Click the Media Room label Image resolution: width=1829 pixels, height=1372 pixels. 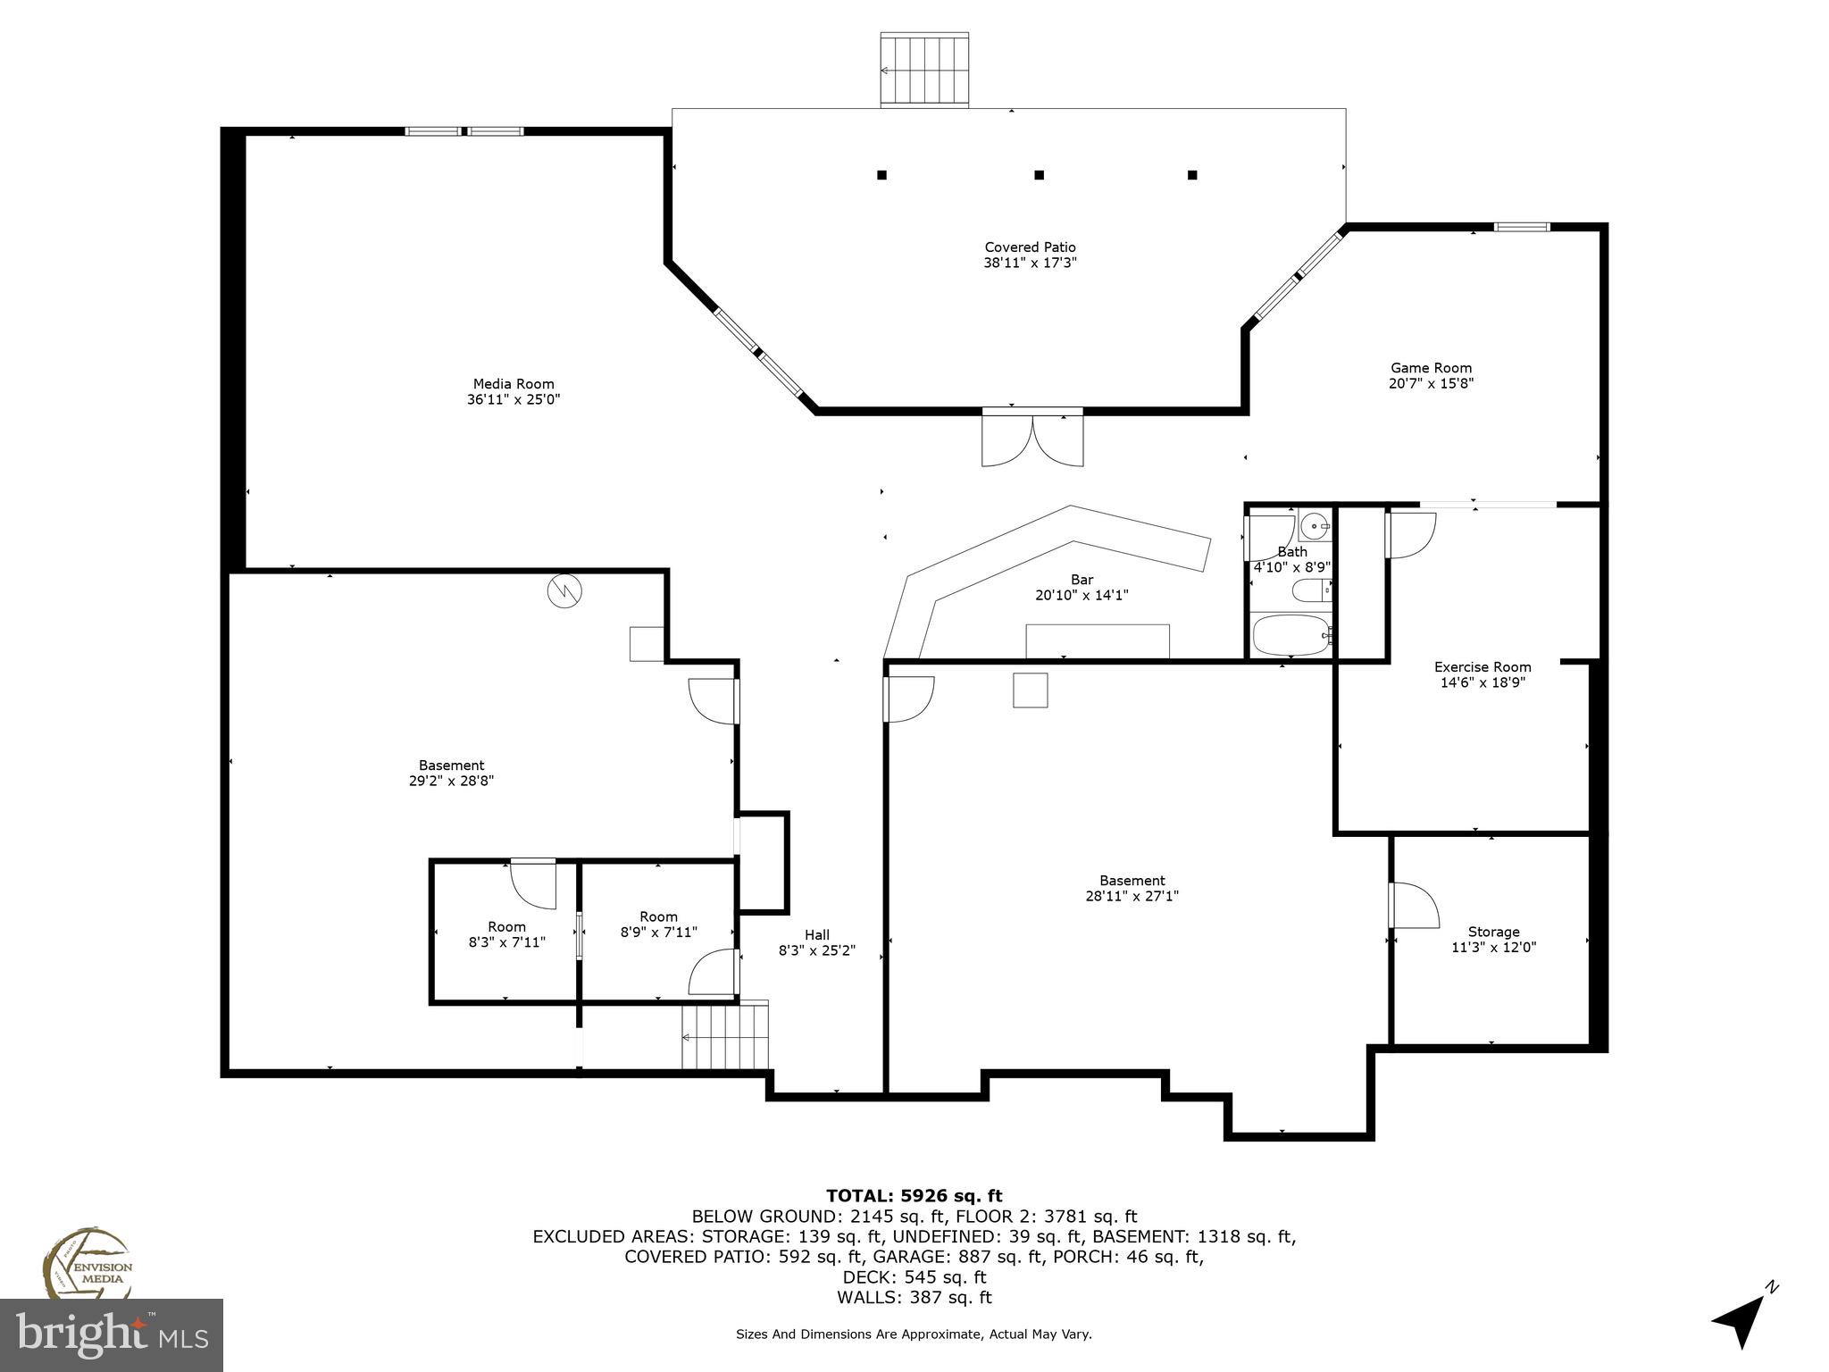pos(514,384)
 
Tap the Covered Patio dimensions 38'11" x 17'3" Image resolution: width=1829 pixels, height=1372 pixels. pos(1030,263)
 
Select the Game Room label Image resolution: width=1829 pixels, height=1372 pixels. pos(1431,368)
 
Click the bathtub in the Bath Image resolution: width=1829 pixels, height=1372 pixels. pos(1290,635)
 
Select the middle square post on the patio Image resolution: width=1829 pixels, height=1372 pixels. pos(1039,175)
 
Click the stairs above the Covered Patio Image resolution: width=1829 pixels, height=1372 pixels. pos(924,70)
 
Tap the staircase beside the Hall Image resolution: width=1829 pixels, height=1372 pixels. pos(725,1036)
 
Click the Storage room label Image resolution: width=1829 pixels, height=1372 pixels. pos(1493,932)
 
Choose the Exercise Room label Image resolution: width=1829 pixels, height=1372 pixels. pos(1482,667)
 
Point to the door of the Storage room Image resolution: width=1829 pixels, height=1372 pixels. pos(1413,906)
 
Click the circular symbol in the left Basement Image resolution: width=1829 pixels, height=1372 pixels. pos(564,590)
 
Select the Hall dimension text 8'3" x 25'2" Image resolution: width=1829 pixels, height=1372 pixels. pos(816,951)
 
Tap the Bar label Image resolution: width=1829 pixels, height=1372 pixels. pos(1082,580)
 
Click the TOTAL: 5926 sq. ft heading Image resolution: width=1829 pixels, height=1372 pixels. pos(914,1196)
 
